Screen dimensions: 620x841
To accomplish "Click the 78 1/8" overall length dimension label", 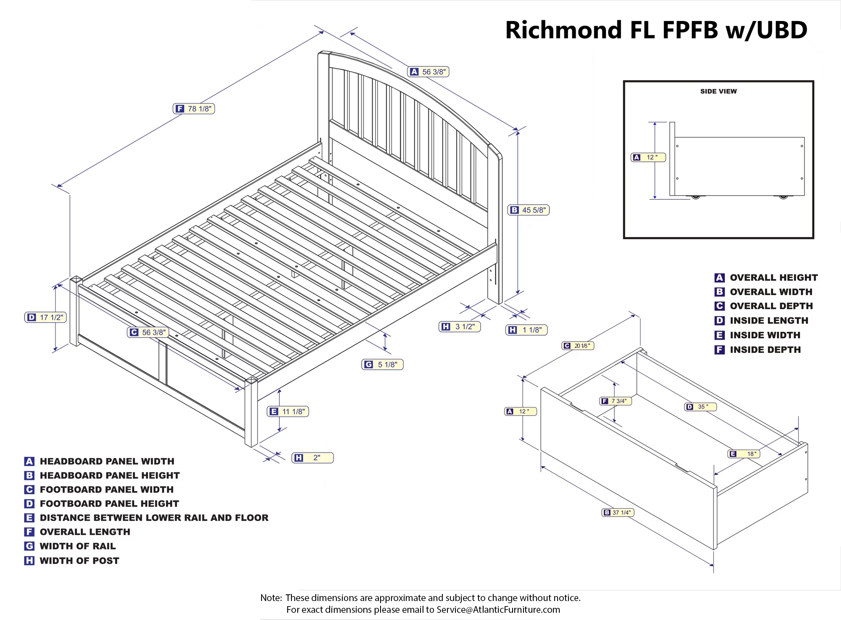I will [x=194, y=109].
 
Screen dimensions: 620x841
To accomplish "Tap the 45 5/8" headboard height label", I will [x=529, y=210].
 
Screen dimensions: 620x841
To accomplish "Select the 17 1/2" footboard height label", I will [x=46, y=317].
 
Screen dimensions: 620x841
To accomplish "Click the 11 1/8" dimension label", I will [x=288, y=411].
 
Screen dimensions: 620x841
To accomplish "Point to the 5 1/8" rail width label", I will [x=382, y=364].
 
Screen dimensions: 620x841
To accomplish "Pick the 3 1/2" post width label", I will [x=460, y=326].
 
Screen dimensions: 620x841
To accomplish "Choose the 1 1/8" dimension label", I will [x=526, y=330].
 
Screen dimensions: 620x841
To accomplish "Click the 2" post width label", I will [x=312, y=458].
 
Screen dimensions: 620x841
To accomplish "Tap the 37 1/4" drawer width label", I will [x=618, y=512].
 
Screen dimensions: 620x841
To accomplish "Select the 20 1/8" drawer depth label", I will [x=578, y=346].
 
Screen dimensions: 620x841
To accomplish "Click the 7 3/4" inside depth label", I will [x=615, y=401].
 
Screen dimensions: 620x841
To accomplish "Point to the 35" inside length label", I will [x=700, y=407].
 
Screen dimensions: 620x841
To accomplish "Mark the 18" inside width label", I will [x=744, y=454].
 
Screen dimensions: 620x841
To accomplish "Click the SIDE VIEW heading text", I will [x=718, y=91].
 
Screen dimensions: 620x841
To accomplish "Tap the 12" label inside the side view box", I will [x=648, y=157].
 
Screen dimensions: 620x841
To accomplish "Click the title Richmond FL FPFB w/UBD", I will [x=656, y=30].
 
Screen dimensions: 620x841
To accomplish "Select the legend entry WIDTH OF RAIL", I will [x=77, y=546].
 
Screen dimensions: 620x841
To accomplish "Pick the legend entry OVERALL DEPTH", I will [x=771, y=306].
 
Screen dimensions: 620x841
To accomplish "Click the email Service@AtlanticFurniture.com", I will [x=498, y=609].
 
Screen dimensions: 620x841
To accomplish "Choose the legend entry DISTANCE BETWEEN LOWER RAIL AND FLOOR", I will [x=154, y=518].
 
